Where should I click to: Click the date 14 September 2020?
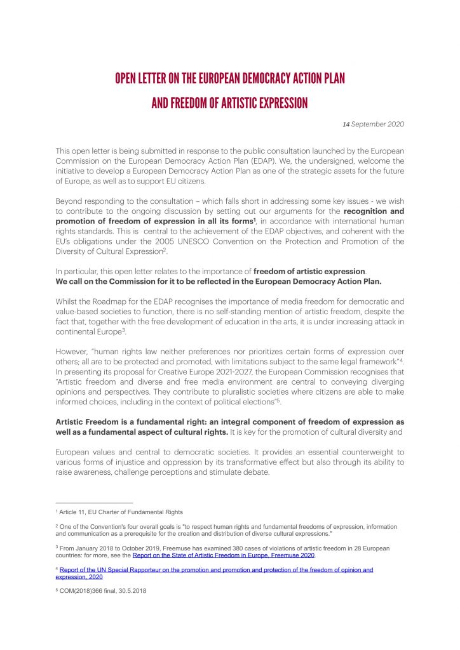pos(373,124)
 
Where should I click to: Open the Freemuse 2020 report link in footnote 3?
pos(224,555)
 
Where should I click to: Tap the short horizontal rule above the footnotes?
pos(94,502)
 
